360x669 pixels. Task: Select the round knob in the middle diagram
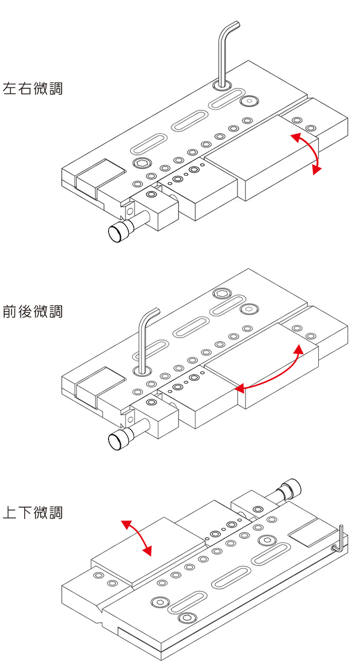pyautogui.click(x=119, y=440)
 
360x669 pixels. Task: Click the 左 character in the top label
pyautogui.click(x=10, y=89)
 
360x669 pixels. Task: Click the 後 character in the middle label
pyautogui.click(x=25, y=311)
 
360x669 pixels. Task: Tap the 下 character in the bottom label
pyautogui.click(x=25, y=513)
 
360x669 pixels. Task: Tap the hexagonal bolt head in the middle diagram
pyautogui.click(x=222, y=294)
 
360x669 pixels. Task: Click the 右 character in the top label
pyautogui.click(x=25, y=89)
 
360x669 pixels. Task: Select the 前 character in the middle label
pyautogui.click(x=10, y=311)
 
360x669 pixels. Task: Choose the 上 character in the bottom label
pyautogui.click(x=10, y=513)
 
